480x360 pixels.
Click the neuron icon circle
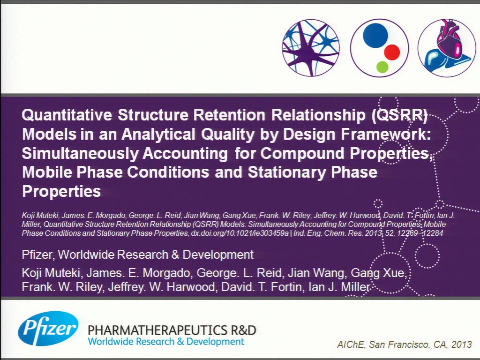[311, 48]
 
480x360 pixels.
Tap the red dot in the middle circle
[392, 52]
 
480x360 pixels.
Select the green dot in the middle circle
[382, 67]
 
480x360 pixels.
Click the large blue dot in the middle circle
[375, 35]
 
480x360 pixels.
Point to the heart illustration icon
[447, 48]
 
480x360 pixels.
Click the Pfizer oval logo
[48, 329]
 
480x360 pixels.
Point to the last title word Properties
[61, 192]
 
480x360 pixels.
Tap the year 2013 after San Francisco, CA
[461, 345]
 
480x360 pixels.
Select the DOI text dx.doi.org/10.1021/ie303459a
[240, 233]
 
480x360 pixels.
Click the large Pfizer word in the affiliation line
[38, 255]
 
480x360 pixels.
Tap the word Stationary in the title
[287, 172]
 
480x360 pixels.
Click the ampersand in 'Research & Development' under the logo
[180, 342]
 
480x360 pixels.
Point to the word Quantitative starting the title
[67, 115]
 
